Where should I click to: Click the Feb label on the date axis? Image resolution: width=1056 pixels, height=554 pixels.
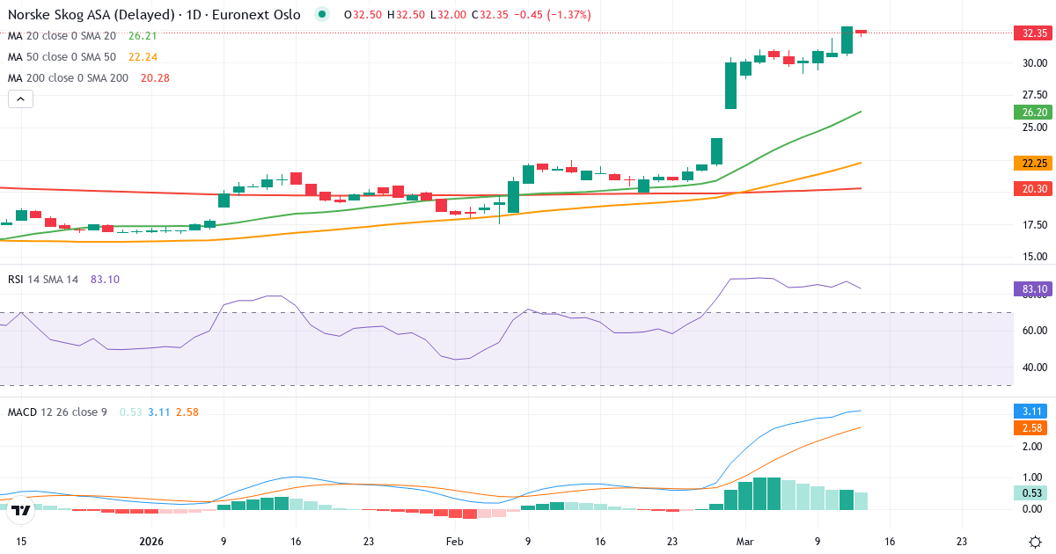[454, 543]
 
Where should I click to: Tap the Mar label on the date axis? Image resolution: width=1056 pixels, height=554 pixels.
[745, 543]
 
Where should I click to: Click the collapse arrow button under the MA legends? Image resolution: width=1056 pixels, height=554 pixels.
[20, 99]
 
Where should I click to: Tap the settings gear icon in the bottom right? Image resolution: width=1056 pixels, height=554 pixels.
[1036, 543]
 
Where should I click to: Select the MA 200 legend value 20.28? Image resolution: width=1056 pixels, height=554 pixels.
[155, 78]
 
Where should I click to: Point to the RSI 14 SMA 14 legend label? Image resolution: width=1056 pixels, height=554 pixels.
[43, 280]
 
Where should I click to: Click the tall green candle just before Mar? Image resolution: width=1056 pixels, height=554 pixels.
[730, 84]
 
